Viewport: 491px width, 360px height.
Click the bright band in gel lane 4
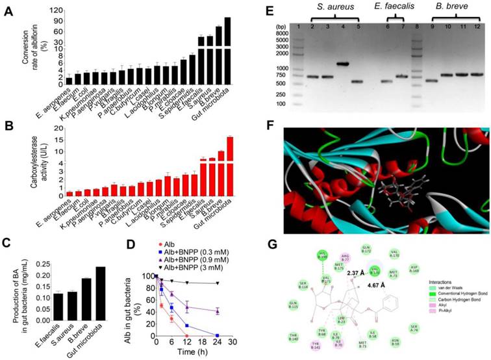coord(343,64)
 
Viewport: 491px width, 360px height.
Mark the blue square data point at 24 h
coord(218,336)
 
